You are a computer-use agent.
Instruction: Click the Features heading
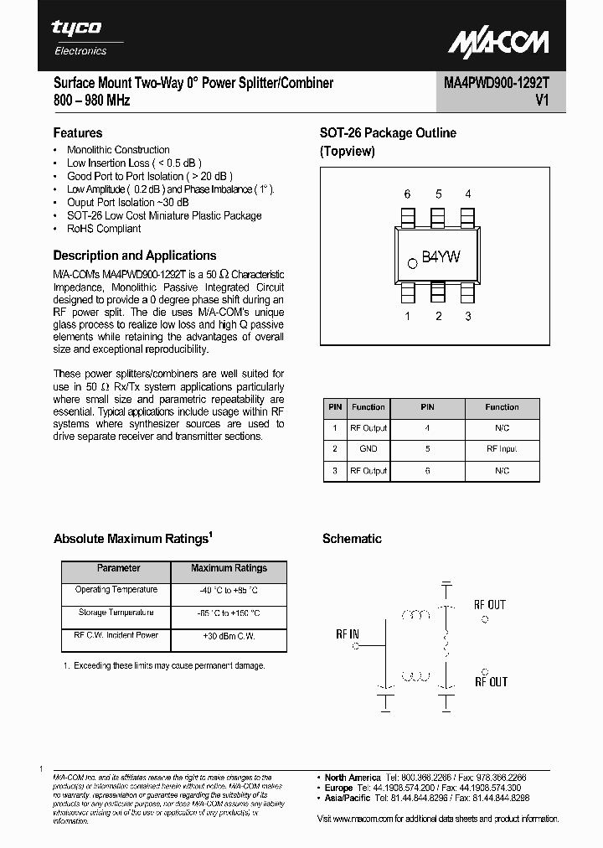click(x=78, y=132)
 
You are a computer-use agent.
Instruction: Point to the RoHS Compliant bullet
click(x=104, y=229)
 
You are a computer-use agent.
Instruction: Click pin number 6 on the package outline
click(x=407, y=194)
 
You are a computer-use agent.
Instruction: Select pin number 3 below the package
click(x=467, y=316)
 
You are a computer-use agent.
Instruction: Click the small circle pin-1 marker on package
click(x=412, y=263)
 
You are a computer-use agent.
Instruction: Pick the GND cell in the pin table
click(x=368, y=449)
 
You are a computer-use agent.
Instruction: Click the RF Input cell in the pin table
click(x=502, y=449)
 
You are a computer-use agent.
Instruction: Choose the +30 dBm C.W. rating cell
click(x=229, y=637)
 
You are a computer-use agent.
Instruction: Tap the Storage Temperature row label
click(x=116, y=613)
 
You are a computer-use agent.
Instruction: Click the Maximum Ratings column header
click(x=229, y=568)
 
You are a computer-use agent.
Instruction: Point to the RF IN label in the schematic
click(x=348, y=634)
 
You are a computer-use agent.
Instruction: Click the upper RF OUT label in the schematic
click(x=490, y=604)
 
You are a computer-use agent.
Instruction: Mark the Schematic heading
click(x=352, y=539)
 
